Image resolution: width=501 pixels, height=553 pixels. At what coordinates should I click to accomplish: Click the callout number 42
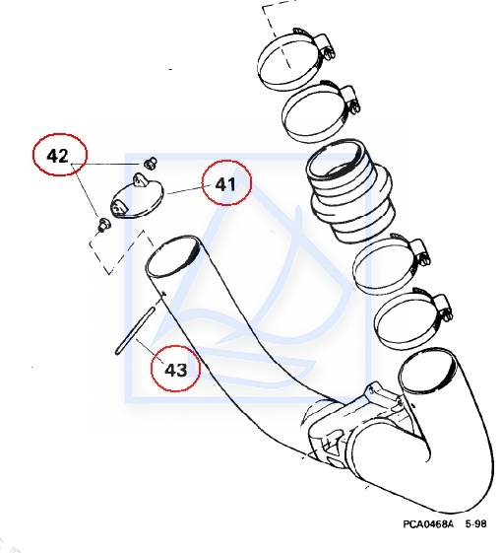(58, 156)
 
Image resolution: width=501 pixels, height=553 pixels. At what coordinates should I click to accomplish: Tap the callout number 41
(225, 184)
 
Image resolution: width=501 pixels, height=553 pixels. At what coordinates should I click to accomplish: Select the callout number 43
(175, 370)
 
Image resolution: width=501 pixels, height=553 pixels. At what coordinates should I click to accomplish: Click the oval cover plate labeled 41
(138, 198)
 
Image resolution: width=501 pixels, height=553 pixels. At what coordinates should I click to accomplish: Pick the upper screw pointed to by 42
(151, 163)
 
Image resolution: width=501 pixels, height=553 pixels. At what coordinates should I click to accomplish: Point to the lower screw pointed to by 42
(103, 225)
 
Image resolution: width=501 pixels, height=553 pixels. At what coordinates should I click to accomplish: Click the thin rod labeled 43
(135, 330)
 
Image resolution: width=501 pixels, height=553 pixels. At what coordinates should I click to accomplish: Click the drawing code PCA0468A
(428, 523)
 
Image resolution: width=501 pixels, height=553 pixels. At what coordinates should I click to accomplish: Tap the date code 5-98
(476, 523)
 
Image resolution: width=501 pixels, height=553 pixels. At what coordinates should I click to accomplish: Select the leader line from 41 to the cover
(184, 190)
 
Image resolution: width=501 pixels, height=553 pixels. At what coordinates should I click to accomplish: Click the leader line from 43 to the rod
(150, 350)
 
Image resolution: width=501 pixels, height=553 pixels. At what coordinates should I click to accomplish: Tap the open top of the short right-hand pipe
(428, 372)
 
